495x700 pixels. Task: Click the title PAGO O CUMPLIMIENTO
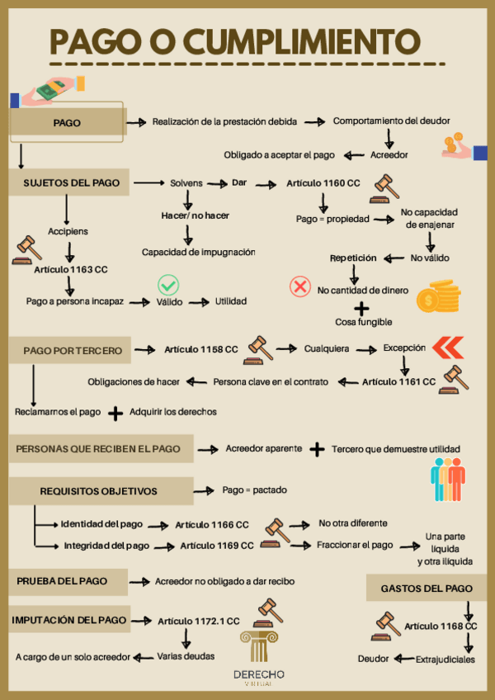[x=235, y=40]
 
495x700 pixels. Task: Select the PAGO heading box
[x=66, y=123]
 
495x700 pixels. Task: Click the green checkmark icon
[x=168, y=286]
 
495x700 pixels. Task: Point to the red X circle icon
[x=299, y=286]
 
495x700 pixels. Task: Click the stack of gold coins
[x=438, y=296]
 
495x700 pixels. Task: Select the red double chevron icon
[x=447, y=348]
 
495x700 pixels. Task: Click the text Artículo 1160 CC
[x=323, y=182]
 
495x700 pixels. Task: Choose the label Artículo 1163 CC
[x=71, y=269]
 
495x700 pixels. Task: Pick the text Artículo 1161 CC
[x=398, y=381]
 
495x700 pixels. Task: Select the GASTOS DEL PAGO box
[x=427, y=589]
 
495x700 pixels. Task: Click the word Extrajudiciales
[x=445, y=660]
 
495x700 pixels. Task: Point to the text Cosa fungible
[x=363, y=321]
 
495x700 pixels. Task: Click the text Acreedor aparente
[x=263, y=449]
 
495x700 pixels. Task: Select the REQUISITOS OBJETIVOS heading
[x=98, y=491]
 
